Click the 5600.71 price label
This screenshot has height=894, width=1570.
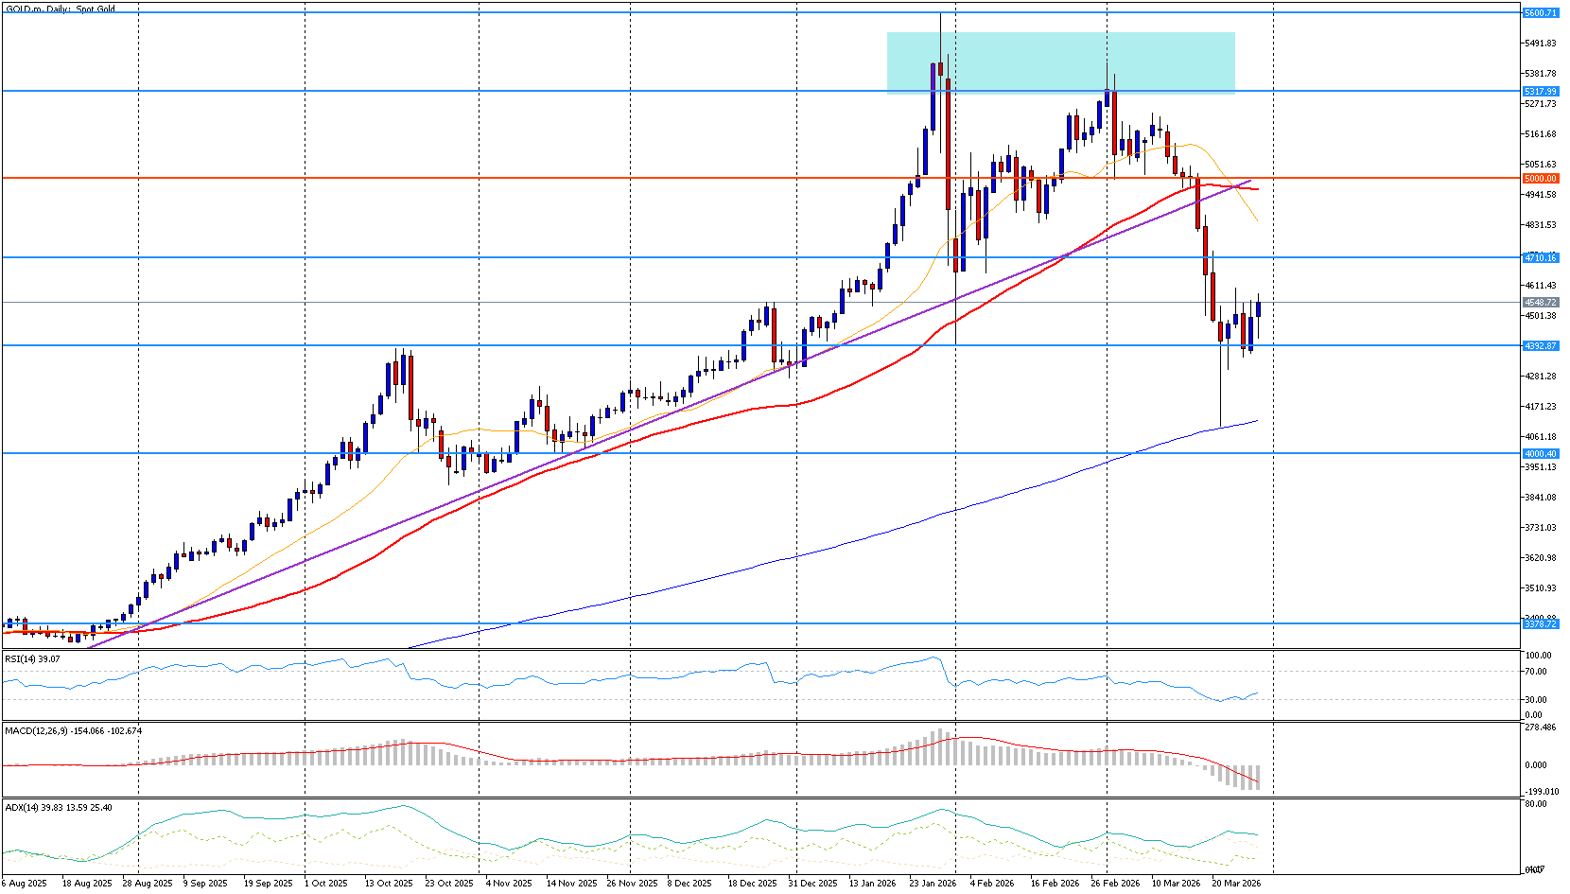[1540, 13]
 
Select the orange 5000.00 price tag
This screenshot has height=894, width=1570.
[1540, 178]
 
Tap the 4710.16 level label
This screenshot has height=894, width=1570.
[1540, 257]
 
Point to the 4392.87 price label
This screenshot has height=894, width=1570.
[1540, 345]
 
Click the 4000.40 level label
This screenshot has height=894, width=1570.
[1540, 453]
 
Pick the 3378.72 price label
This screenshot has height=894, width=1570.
[1540, 623]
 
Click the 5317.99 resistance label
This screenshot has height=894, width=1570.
[1540, 92]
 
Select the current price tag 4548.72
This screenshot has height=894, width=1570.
[1540, 303]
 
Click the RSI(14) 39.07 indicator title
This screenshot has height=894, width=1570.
[32, 658]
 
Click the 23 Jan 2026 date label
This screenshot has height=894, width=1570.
[933, 883]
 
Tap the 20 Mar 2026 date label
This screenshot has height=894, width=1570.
[1236, 883]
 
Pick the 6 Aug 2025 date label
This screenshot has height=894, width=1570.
[26, 883]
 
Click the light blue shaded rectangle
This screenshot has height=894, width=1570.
[1060, 63]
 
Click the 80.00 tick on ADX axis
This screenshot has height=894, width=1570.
[1536, 804]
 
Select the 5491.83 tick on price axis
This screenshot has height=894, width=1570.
[1540, 44]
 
